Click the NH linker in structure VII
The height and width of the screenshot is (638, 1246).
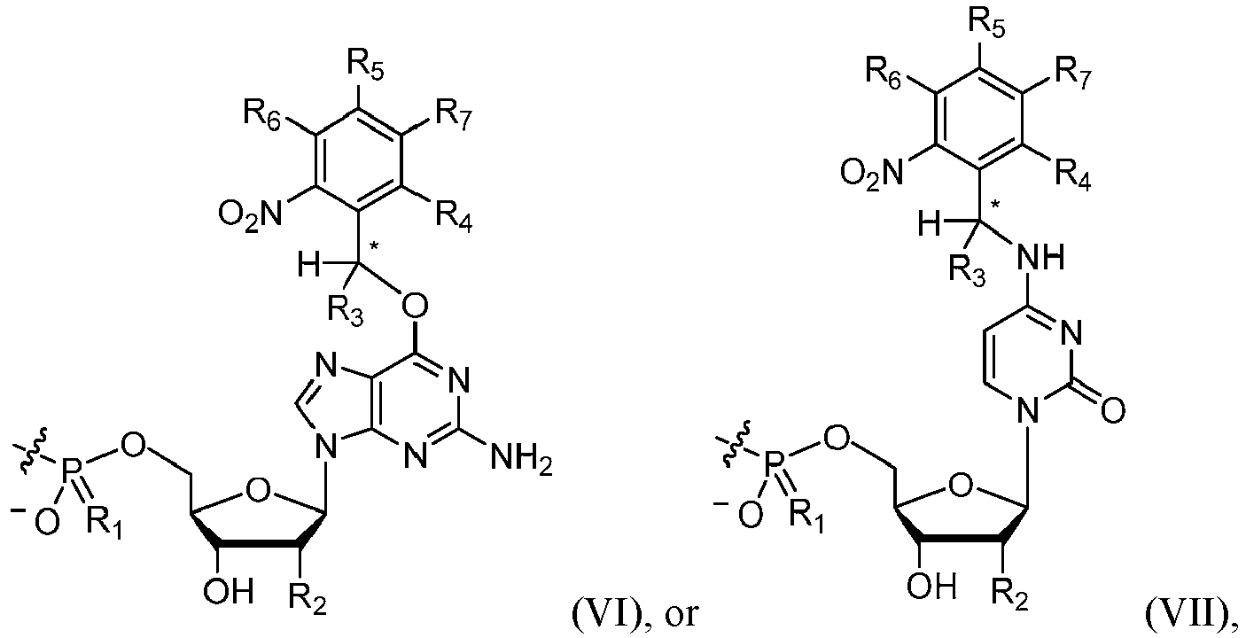click(x=1040, y=258)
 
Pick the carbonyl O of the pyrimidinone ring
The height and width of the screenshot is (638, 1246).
click(x=1112, y=412)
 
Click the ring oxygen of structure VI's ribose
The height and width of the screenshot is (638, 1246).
click(x=259, y=491)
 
